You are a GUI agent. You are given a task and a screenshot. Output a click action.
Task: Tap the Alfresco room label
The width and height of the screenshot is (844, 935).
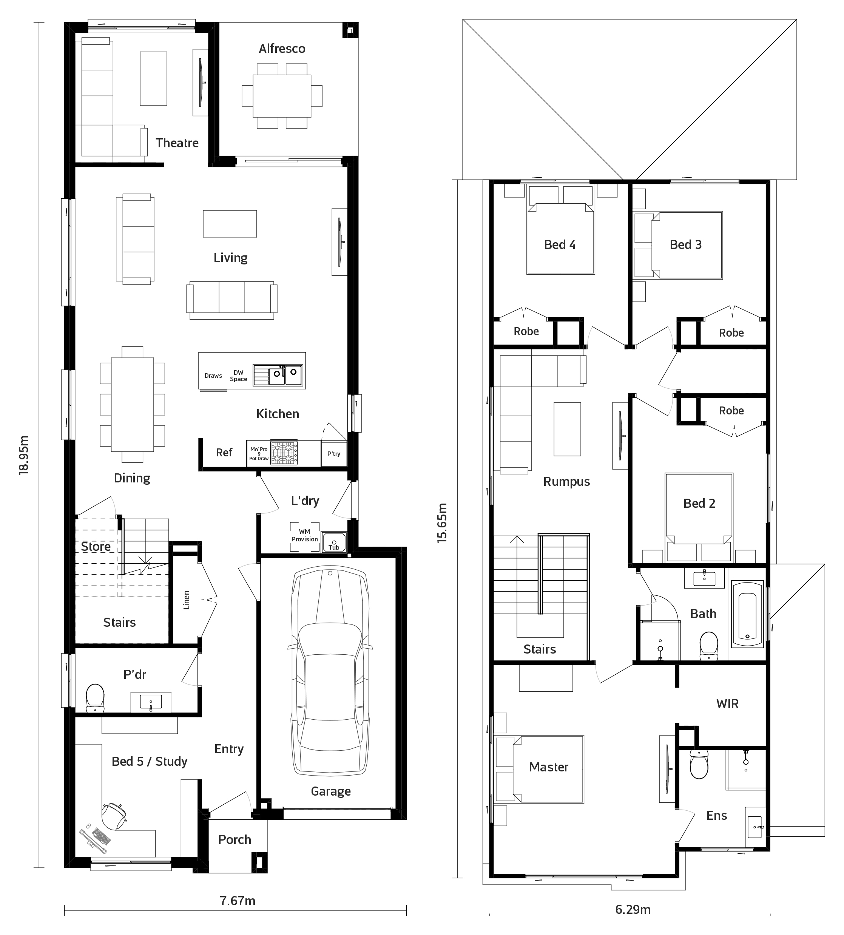tap(282, 49)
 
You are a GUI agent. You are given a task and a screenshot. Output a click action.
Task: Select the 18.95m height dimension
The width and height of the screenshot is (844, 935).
tap(24, 454)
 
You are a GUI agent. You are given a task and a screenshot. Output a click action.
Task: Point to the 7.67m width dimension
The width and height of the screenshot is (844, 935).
tap(237, 901)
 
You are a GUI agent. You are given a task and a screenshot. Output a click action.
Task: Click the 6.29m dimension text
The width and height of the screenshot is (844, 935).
tap(633, 909)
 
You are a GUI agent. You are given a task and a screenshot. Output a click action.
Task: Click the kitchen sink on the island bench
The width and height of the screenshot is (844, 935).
tap(278, 375)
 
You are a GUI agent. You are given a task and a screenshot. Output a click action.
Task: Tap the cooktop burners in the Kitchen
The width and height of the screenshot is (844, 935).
tap(284, 453)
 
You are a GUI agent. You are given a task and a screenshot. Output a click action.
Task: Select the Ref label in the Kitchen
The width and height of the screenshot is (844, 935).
tap(224, 453)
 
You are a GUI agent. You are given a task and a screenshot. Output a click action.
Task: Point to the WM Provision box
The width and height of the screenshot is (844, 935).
tap(304, 536)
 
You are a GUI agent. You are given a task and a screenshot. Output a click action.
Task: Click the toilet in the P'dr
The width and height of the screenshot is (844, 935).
tap(95, 698)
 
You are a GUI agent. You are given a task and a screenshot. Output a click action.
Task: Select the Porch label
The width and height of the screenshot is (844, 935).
tap(235, 839)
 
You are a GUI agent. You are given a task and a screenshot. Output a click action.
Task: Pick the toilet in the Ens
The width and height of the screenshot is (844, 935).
tap(699, 765)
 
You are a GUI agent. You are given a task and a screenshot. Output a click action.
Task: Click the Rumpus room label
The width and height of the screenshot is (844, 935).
tap(566, 482)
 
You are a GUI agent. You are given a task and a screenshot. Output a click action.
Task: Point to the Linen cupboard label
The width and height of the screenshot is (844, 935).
tap(186, 600)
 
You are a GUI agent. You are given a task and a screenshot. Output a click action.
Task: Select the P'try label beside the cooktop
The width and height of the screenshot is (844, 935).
tap(334, 454)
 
